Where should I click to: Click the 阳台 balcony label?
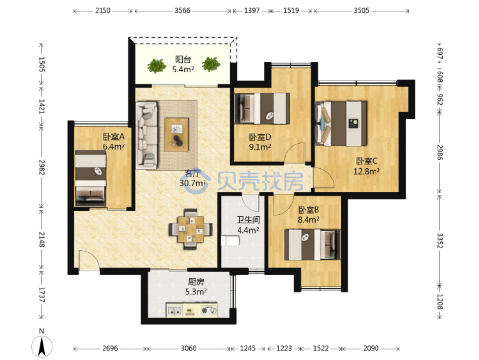(183, 59)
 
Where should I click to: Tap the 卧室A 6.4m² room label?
(114, 141)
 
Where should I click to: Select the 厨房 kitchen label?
(196, 282)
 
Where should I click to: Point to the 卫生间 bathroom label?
(248, 220)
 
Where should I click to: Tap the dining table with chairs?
(191, 229)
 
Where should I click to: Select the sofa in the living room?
(147, 135)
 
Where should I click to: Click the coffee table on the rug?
(176, 135)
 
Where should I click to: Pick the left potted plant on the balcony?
(156, 65)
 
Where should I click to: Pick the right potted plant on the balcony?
(211, 64)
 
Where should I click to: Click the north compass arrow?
(42, 346)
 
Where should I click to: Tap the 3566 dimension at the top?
(182, 11)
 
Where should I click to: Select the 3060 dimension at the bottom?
(188, 348)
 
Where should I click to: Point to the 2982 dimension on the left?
(42, 167)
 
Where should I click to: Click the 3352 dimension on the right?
(439, 241)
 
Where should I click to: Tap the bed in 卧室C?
(341, 124)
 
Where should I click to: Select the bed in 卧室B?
(312, 245)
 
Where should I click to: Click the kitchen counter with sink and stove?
(192, 310)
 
